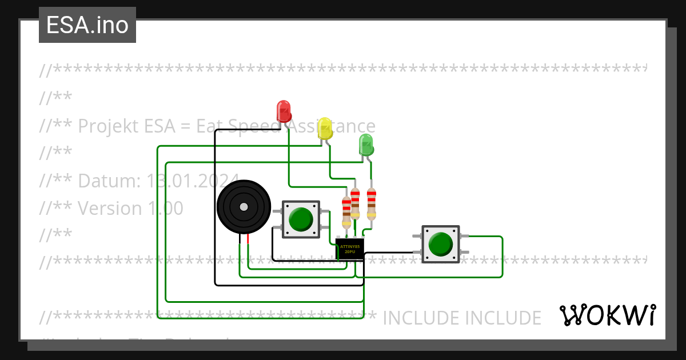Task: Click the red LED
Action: tap(284, 110)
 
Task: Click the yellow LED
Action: tap(325, 128)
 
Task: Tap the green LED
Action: tap(366, 145)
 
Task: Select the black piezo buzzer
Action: tap(244, 207)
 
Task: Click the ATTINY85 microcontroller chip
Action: tap(349, 249)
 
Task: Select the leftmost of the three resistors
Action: tap(346, 211)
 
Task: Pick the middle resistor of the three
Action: tap(355, 203)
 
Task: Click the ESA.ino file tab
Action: tap(87, 25)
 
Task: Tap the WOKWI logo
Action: tap(608, 315)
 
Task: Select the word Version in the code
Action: tap(110, 208)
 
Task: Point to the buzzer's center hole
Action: tap(244, 207)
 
